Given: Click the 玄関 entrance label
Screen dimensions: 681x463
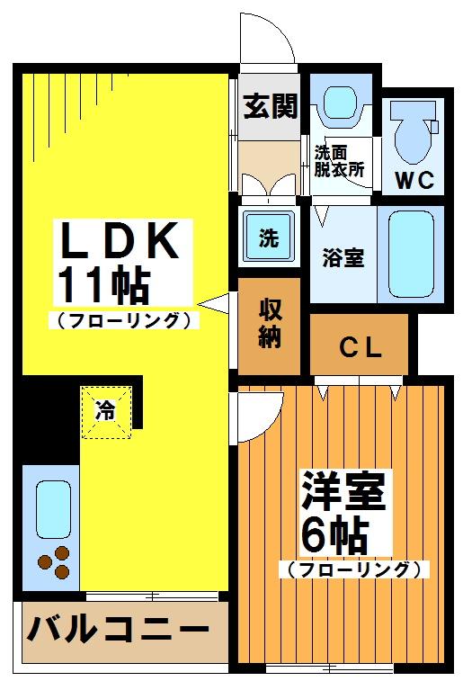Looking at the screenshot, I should (x=270, y=107).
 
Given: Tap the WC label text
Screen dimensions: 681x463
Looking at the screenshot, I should (x=416, y=179).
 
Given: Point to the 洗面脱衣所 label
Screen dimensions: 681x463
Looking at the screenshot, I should (x=338, y=159).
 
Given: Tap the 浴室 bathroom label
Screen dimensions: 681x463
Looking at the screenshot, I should (x=343, y=257).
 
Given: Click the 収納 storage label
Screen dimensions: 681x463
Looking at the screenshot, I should (x=269, y=323).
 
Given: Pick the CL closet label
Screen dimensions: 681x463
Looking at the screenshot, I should (x=360, y=347).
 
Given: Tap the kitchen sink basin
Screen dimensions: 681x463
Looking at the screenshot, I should (x=53, y=507).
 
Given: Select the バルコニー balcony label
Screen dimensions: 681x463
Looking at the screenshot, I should (x=111, y=629).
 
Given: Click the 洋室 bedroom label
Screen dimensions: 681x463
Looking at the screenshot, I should (x=343, y=491).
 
